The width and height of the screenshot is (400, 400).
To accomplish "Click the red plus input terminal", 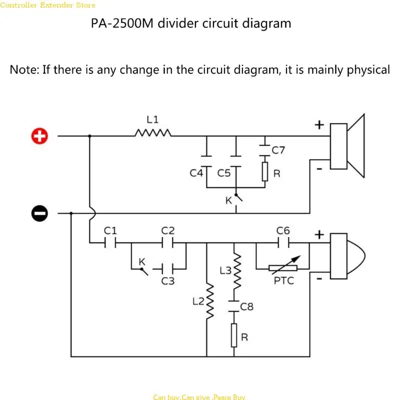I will tap(39, 136).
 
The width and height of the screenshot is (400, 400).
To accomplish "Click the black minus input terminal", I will tap(39, 213).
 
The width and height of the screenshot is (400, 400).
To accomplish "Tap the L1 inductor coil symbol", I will tap(152, 133).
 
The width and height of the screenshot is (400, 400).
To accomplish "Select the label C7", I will tap(278, 149).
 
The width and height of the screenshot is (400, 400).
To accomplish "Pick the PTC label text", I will tap(283, 280).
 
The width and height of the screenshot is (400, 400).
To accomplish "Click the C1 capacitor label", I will tap(110, 230).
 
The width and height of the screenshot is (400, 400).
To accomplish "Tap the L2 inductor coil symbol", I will tap(210, 301).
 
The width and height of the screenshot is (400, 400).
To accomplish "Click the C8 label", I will tap(247, 306).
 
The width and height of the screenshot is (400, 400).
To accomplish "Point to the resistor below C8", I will tap(234, 335).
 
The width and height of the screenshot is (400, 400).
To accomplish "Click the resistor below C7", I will tap(265, 171).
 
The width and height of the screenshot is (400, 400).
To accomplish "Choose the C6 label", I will tap(283, 230).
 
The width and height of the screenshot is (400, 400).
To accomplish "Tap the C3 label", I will tap(168, 281).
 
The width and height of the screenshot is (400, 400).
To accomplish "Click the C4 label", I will tap(196, 173).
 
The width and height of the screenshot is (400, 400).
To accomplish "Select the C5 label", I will tap(224, 173).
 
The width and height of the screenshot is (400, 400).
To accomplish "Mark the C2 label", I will tap(168, 230).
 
